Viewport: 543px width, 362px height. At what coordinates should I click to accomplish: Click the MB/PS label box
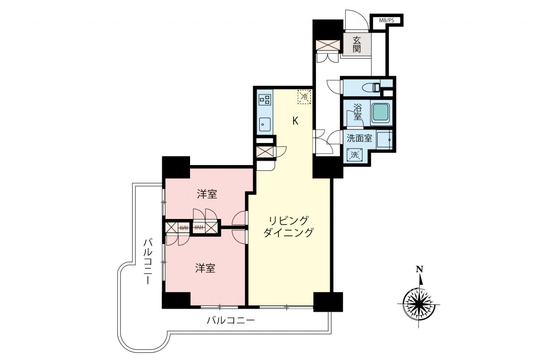tap(386, 20)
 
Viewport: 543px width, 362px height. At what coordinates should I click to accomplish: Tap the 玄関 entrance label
tap(357, 44)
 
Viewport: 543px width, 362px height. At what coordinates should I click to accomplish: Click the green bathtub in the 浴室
tap(381, 113)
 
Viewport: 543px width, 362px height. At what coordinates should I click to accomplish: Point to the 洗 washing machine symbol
tap(355, 155)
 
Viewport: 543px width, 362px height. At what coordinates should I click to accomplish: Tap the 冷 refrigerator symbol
tap(304, 97)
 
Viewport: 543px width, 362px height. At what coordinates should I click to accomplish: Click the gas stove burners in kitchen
tap(265, 100)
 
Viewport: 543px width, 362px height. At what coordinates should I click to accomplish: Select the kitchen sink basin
tap(265, 124)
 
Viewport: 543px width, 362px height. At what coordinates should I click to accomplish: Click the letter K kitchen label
tap(295, 121)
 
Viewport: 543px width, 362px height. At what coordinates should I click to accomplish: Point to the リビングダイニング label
tap(288, 227)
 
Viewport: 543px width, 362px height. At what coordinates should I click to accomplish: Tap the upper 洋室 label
tap(207, 194)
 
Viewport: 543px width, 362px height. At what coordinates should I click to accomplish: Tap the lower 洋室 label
tap(205, 268)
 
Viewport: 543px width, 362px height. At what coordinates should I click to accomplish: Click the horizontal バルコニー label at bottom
tap(230, 321)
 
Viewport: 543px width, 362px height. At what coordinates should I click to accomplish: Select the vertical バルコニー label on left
tap(148, 261)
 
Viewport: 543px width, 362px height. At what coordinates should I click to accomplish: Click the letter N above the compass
tap(420, 269)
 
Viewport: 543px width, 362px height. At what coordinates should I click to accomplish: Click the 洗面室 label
tap(359, 138)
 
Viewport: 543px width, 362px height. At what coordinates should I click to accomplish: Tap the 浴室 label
tap(357, 112)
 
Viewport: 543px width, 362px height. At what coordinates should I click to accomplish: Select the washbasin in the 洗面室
tap(384, 140)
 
